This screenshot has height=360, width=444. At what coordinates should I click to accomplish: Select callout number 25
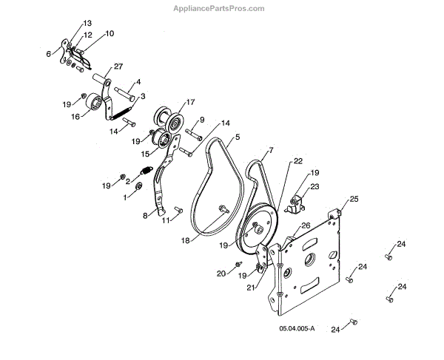tap(354, 200)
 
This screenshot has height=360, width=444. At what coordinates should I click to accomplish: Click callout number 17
tap(190, 102)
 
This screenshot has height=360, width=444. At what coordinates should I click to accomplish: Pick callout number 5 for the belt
tap(238, 137)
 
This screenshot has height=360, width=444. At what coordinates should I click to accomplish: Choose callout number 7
tap(271, 150)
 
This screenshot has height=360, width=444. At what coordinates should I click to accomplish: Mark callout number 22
tap(298, 160)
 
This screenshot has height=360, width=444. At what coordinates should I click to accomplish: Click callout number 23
tap(314, 186)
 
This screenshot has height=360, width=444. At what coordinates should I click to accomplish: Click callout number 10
tap(110, 33)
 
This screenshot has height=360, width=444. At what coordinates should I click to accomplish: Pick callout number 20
tap(221, 274)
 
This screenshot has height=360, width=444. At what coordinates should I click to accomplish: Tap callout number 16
tap(75, 117)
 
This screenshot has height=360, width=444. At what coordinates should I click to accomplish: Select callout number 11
tap(166, 220)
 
